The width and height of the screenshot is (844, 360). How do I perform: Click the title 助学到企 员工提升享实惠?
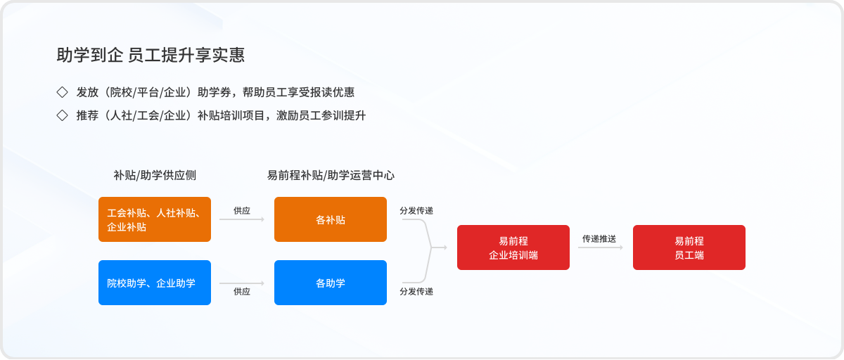point(151,55)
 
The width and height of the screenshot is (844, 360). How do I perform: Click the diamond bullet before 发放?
point(62,92)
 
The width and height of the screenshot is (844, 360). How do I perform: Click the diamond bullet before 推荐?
point(62,115)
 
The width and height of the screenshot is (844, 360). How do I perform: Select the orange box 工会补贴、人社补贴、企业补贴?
point(155,219)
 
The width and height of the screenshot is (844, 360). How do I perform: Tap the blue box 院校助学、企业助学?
point(155,283)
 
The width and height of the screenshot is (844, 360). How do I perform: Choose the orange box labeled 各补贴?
point(331,219)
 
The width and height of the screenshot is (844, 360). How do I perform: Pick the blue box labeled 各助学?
point(331,283)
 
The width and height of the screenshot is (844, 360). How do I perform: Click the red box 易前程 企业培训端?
point(513,247)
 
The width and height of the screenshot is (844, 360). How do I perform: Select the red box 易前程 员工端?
point(689,247)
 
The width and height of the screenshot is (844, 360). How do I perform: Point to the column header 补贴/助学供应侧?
point(155,175)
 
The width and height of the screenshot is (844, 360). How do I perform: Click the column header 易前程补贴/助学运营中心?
point(331,175)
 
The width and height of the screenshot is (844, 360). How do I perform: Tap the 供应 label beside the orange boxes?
point(242,210)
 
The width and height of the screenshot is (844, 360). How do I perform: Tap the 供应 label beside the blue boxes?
point(242,291)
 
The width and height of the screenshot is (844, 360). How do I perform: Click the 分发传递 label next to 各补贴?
point(416,210)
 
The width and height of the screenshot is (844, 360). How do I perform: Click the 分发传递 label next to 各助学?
point(416,291)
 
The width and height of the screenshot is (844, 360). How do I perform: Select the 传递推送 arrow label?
point(599,238)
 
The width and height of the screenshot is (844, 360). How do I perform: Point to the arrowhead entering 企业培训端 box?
point(445,247)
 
